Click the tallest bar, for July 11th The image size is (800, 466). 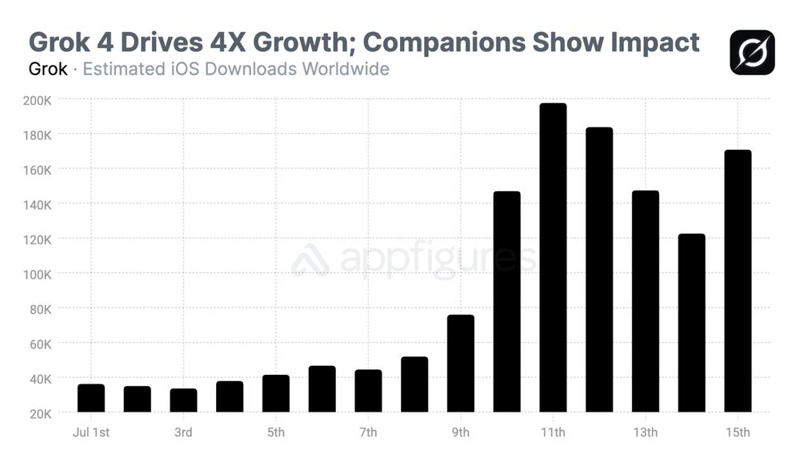(x=553, y=258)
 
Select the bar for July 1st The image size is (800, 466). (x=91, y=398)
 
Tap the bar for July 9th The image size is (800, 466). (x=461, y=364)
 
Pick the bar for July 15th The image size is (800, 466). (x=738, y=281)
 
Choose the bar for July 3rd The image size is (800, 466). (x=183, y=400)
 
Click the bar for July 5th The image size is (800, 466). (x=276, y=393)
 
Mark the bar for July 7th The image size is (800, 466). (x=368, y=391)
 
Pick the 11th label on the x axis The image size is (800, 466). (x=553, y=433)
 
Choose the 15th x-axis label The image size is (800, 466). (x=738, y=433)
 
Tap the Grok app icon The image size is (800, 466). (x=752, y=52)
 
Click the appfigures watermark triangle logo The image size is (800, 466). (x=310, y=260)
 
